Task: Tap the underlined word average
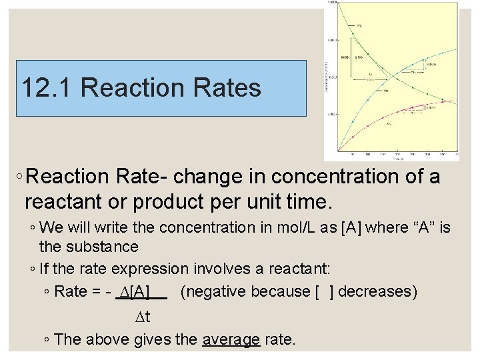click(231, 339)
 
